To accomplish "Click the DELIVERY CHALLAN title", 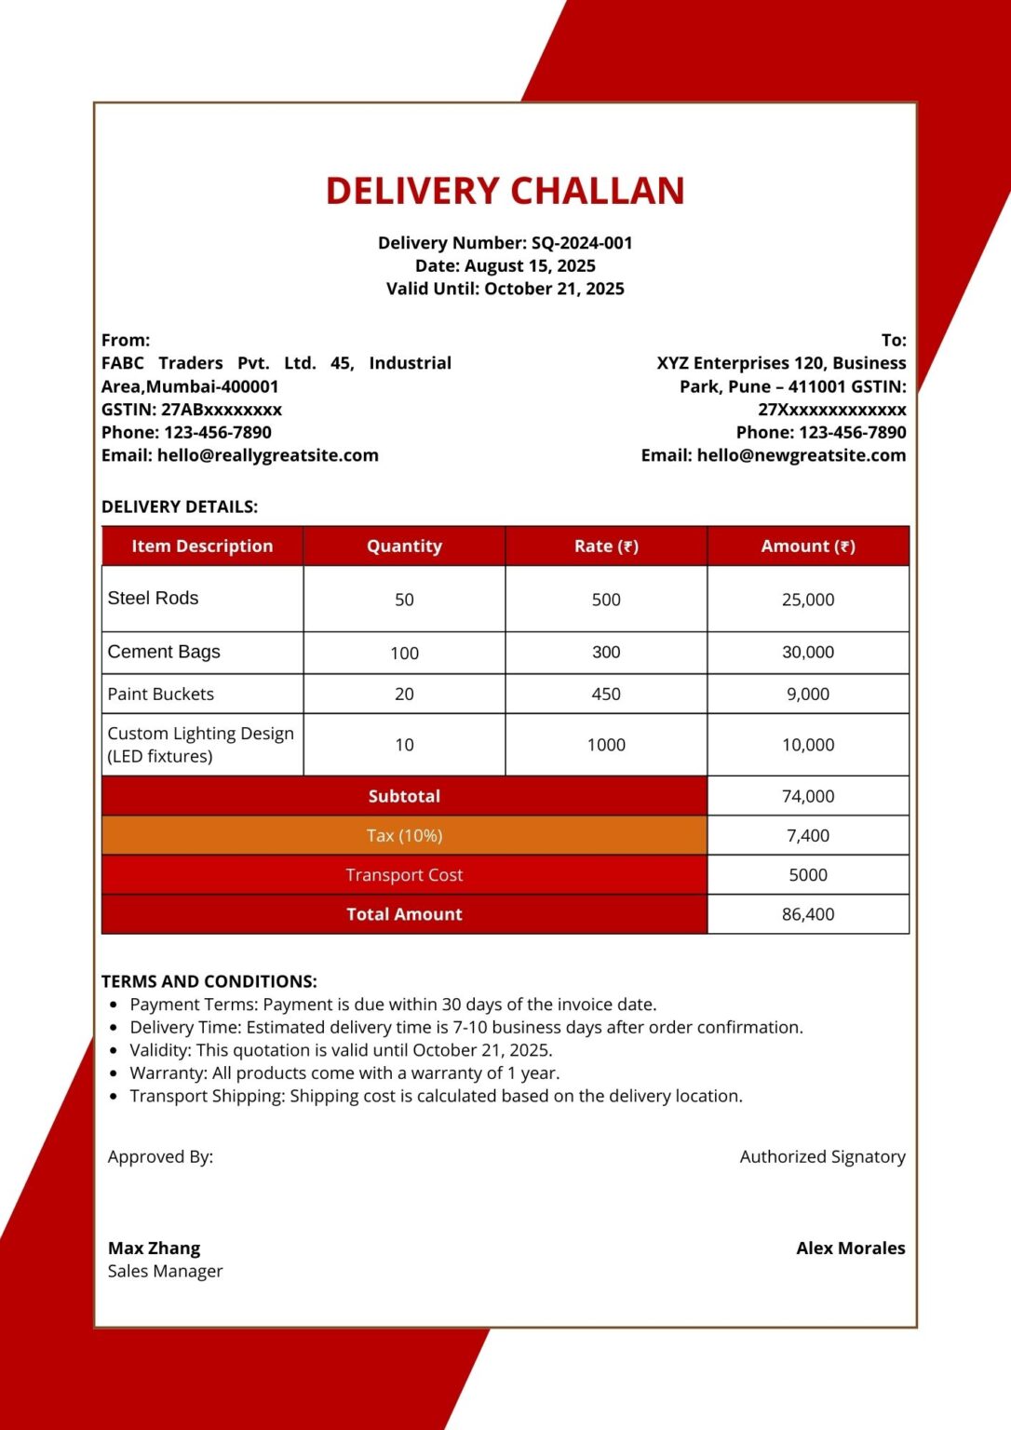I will point(505,191).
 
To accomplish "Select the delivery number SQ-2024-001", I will point(582,243).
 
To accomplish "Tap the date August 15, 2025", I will point(530,266).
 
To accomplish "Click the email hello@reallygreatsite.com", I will point(267,455).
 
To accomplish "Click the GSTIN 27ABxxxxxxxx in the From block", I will point(221,410).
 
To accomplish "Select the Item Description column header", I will point(202,546).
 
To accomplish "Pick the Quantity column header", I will point(404,546).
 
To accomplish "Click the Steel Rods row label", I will point(153,599).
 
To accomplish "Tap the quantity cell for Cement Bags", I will point(404,653).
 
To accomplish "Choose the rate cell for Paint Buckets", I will point(606,694).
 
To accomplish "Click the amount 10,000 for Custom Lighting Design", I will point(808,745).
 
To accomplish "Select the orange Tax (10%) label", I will point(404,836).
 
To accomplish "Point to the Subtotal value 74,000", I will point(808,796).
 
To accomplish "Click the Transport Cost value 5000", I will point(808,875).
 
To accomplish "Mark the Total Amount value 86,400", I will point(808,914).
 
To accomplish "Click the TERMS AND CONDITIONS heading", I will point(209,981).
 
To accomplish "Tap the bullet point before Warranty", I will point(114,1073).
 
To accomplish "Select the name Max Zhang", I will point(154,1248).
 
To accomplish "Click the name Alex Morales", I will point(850,1248).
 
